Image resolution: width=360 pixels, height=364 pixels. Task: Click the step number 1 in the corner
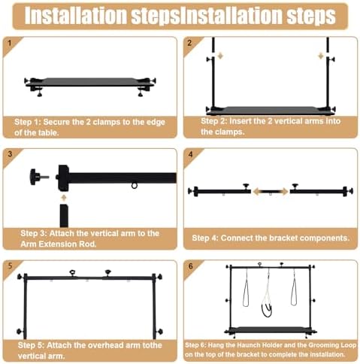click(10, 43)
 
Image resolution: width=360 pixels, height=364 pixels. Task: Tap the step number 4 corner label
click(190, 154)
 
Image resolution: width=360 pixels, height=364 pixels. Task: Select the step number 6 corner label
click(191, 266)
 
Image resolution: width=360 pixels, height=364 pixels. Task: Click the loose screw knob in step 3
click(39, 177)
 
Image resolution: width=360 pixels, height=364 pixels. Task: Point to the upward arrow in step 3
click(64, 198)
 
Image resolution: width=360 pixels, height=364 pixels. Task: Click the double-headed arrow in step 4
click(271, 192)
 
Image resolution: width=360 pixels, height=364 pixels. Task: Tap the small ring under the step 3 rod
click(135, 186)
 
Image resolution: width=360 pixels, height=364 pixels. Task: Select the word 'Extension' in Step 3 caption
click(58, 244)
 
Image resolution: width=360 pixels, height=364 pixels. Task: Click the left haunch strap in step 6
click(246, 288)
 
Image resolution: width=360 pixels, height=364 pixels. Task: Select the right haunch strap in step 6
click(294, 287)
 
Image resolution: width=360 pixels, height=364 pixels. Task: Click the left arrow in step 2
click(220, 56)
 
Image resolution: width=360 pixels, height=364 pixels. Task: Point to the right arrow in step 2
click(320, 56)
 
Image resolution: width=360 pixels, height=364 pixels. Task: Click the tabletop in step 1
click(90, 82)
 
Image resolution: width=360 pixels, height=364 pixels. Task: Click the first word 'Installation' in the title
click(76, 16)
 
